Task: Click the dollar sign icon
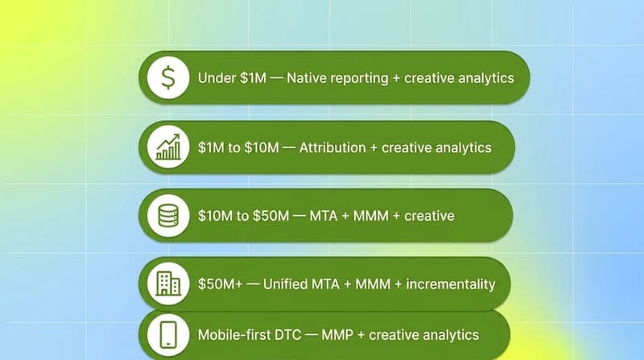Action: coord(168,78)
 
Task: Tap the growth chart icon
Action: coord(168,147)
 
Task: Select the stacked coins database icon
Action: coord(168,216)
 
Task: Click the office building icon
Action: coord(168,284)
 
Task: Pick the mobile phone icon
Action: coord(168,334)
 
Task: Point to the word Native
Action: coord(307,79)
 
